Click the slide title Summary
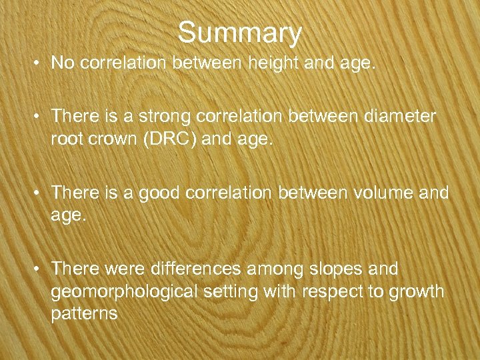[x=240, y=31]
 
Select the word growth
[x=420, y=292]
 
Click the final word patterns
[x=85, y=315]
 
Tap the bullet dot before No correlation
[x=39, y=64]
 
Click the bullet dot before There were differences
[x=39, y=270]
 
